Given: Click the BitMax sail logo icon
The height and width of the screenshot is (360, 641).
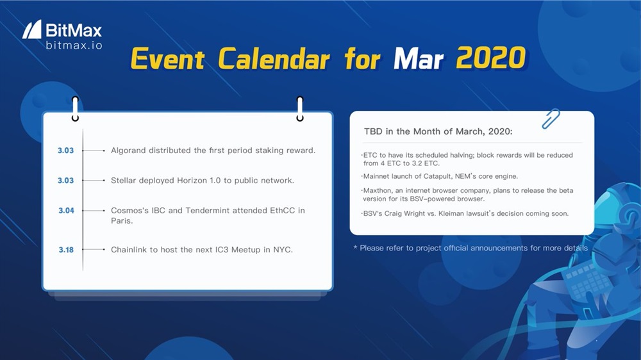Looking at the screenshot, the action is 32,29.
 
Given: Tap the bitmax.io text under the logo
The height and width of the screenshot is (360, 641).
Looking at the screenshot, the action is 74,45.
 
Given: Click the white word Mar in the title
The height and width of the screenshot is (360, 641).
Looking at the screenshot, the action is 418,58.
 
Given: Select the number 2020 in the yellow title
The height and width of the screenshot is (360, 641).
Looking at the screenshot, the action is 490,58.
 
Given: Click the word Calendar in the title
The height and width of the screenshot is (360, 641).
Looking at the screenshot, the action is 274,58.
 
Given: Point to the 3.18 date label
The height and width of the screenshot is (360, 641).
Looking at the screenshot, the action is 66,250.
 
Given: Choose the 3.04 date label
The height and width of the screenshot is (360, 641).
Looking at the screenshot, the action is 66,211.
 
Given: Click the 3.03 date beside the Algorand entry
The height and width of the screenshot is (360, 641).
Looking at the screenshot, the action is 65,151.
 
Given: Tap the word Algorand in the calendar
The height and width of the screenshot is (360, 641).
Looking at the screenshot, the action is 128,151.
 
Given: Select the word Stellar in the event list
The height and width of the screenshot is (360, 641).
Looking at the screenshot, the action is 123,180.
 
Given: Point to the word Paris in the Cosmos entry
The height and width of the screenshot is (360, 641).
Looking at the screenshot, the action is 121,220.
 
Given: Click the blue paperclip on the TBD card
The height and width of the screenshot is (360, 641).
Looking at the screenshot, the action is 550,119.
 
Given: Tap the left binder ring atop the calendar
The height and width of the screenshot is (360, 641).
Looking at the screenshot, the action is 75,109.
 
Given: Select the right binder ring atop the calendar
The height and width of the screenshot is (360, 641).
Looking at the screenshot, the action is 300,109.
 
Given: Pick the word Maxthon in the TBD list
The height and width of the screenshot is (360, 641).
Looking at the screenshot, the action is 376,190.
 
